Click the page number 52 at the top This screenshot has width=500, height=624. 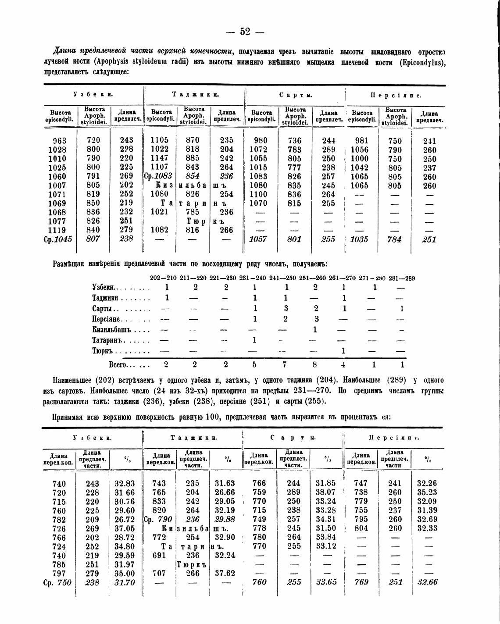pos(245,32)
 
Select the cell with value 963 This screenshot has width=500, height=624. pos(59,141)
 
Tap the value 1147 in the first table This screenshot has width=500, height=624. pos(159,158)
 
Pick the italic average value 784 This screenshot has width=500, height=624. pos(395,239)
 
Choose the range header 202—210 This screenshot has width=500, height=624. pos(163,278)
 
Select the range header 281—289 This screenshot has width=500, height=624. pos(401,278)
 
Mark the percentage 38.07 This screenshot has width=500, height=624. pos(325,492)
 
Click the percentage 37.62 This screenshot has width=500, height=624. pos(225,573)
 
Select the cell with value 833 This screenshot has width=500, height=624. pos(159,501)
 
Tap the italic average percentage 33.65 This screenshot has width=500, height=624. pos(326,582)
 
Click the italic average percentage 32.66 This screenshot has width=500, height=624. pos(427,582)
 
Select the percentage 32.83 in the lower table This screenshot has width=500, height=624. pos(125,484)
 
